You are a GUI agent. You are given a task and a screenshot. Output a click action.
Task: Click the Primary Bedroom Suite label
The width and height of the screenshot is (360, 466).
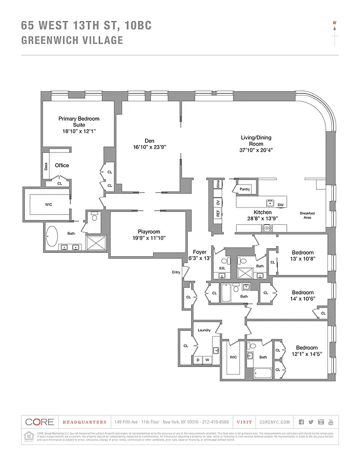78,122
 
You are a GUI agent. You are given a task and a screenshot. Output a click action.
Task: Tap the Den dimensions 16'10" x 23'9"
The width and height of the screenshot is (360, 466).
149,147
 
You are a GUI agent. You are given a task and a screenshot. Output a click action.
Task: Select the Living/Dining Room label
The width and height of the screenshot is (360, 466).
256,141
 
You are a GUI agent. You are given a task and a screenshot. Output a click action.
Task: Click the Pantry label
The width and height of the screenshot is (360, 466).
244,189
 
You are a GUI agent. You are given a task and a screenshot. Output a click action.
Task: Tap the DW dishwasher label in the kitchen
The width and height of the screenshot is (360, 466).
280,204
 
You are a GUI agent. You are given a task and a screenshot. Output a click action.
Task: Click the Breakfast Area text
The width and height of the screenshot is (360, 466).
307,216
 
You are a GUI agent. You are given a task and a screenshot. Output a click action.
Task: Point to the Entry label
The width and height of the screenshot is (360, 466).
176,272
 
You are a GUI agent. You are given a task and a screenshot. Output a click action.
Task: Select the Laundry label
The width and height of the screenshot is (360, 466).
203,330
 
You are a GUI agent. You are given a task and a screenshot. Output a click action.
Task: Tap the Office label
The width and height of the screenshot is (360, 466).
62,165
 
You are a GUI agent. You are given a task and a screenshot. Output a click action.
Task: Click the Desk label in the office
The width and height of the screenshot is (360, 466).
46,166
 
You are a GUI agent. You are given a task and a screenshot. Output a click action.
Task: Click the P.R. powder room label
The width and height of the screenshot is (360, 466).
221,269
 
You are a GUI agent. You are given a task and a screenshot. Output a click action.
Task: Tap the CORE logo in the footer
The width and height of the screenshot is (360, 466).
39,422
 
